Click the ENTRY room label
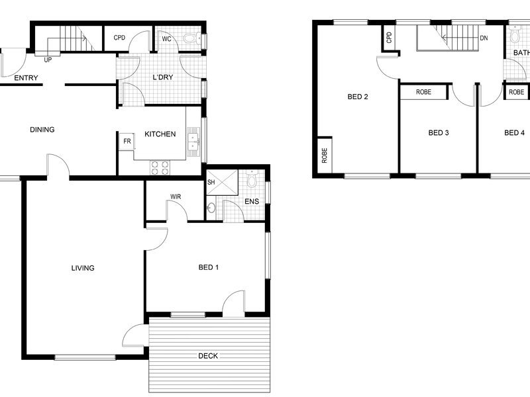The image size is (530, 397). tap(26, 78)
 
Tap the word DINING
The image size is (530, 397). tap(42, 130)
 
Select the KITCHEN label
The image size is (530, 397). tap(160, 134)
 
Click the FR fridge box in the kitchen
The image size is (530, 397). tap(127, 141)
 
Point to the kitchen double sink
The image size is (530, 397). tap(193, 142)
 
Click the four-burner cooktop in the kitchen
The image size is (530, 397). tap(160, 168)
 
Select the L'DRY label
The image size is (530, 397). tap(163, 77)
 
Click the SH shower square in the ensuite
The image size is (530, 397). tap(222, 183)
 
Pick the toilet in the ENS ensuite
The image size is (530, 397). tap(252, 179)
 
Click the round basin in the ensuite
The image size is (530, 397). tap(211, 208)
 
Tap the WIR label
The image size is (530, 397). tap(176, 197)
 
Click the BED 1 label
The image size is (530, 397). tap(209, 267)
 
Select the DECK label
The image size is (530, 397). tap(208, 356)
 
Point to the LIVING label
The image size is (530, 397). tap(83, 268)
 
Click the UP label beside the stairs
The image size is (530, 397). tap(48, 60)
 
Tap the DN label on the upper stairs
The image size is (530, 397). tap(484, 38)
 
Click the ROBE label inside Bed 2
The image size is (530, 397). tap(325, 155)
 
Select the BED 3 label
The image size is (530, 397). tap(439, 133)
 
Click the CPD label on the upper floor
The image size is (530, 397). tap(389, 38)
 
